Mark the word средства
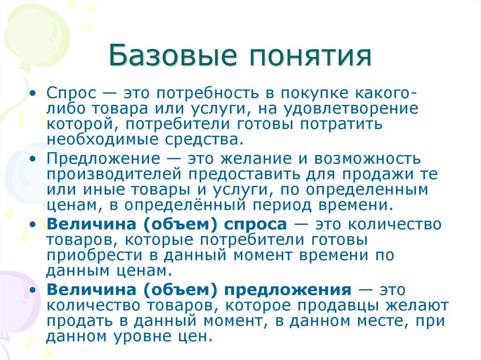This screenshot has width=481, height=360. (x=196, y=140)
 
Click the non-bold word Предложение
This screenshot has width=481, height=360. (x=94, y=159)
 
